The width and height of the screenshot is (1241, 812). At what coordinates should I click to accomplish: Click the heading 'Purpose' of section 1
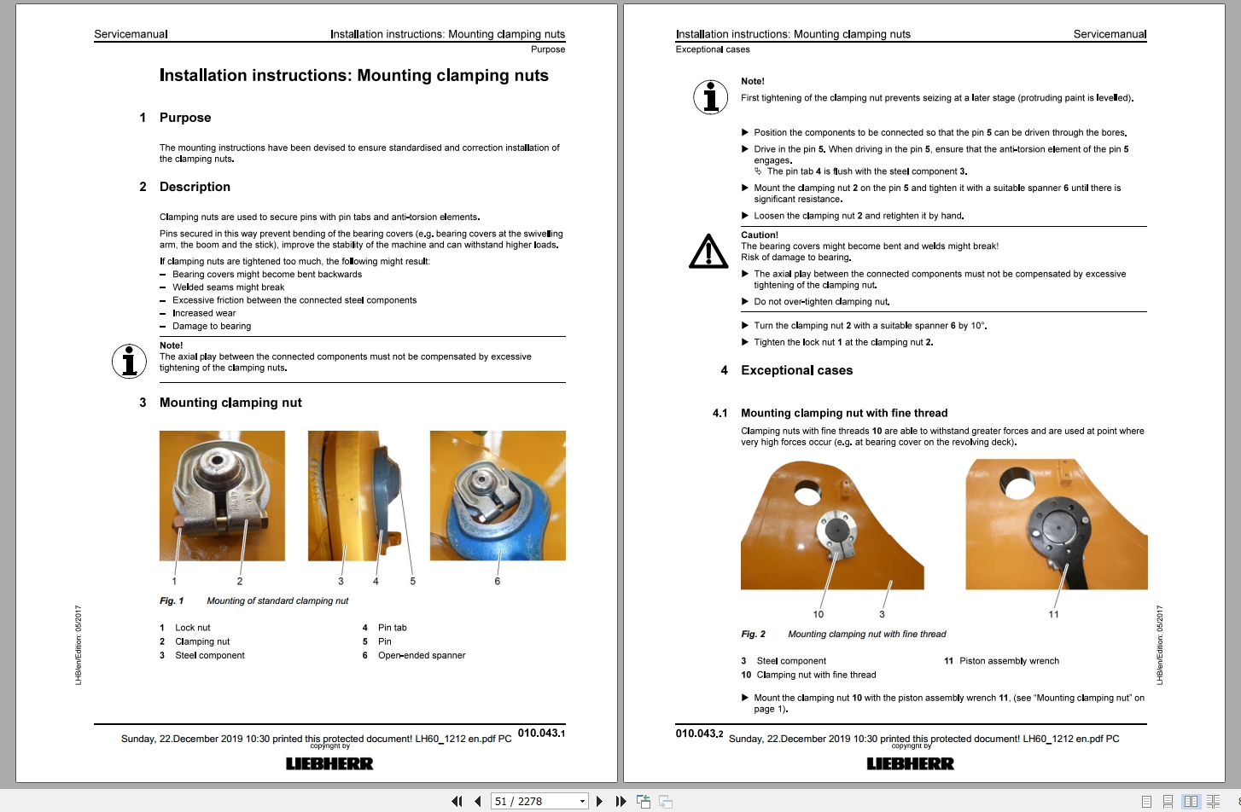[x=185, y=118]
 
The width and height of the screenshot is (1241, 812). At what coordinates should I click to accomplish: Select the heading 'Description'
[x=195, y=187]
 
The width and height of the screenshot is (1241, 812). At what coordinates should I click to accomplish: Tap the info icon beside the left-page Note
[x=129, y=361]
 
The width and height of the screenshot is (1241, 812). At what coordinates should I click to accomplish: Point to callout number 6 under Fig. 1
[x=498, y=581]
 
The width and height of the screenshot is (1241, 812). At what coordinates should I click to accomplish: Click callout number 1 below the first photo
[x=174, y=581]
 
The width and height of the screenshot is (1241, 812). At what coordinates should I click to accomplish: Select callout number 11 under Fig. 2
[x=1053, y=614]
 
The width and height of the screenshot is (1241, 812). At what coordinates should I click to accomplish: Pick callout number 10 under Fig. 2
[x=819, y=614]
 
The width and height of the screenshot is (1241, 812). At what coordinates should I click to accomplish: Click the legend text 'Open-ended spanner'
[x=422, y=655]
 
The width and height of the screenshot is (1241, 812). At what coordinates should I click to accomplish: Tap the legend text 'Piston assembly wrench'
[x=1009, y=661]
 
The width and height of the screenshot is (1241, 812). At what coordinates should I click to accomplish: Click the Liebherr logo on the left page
[x=329, y=763]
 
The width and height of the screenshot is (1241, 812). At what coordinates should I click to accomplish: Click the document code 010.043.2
[x=699, y=734]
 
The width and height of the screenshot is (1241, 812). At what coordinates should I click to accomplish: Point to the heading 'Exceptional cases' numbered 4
[x=796, y=370]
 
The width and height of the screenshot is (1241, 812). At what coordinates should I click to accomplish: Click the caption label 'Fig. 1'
[x=172, y=600]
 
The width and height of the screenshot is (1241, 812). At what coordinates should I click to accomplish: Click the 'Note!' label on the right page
[x=753, y=81]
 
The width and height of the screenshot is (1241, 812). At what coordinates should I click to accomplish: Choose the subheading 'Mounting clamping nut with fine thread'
[x=844, y=413]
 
